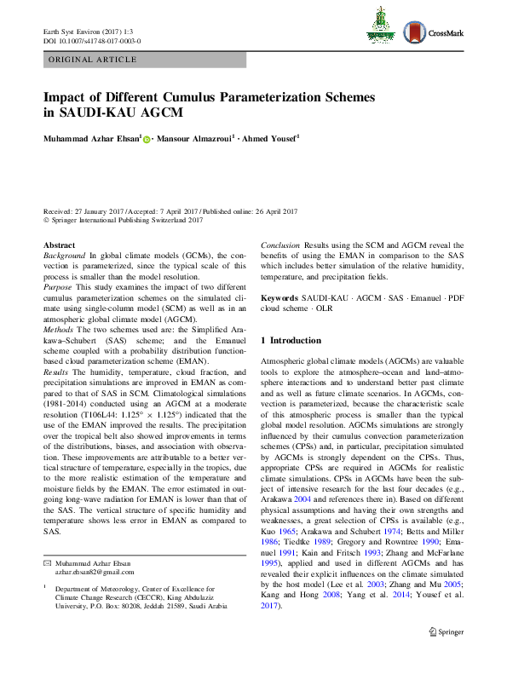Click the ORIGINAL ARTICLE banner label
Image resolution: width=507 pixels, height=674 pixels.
[x=93, y=60]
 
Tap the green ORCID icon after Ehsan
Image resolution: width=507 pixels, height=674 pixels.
[x=146, y=139]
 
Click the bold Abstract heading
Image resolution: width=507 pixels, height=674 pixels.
[x=59, y=245]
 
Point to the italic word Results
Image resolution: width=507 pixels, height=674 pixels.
[x=56, y=373]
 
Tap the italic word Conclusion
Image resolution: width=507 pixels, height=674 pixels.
[x=280, y=245]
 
